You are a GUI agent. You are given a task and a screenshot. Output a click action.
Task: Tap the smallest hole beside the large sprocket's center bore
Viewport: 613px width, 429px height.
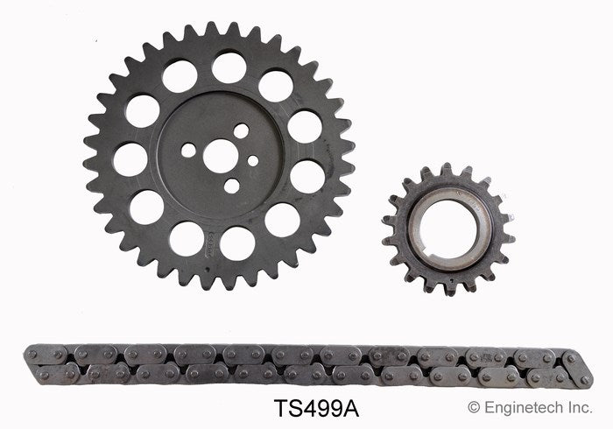click(253, 161)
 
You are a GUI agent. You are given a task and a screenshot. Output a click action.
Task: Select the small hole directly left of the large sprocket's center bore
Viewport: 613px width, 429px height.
click(188, 150)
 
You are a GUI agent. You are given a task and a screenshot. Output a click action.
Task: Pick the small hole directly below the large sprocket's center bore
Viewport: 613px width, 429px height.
click(231, 186)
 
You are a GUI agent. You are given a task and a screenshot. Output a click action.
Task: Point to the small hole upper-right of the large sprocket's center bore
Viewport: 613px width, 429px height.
click(241, 130)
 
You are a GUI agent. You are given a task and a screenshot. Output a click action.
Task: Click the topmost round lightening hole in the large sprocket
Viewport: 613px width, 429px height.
click(229, 67)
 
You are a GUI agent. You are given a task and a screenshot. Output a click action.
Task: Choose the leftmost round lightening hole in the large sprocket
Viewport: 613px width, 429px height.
click(130, 158)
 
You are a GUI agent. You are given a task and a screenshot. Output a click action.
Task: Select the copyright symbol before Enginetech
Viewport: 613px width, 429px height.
click(474, 407)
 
